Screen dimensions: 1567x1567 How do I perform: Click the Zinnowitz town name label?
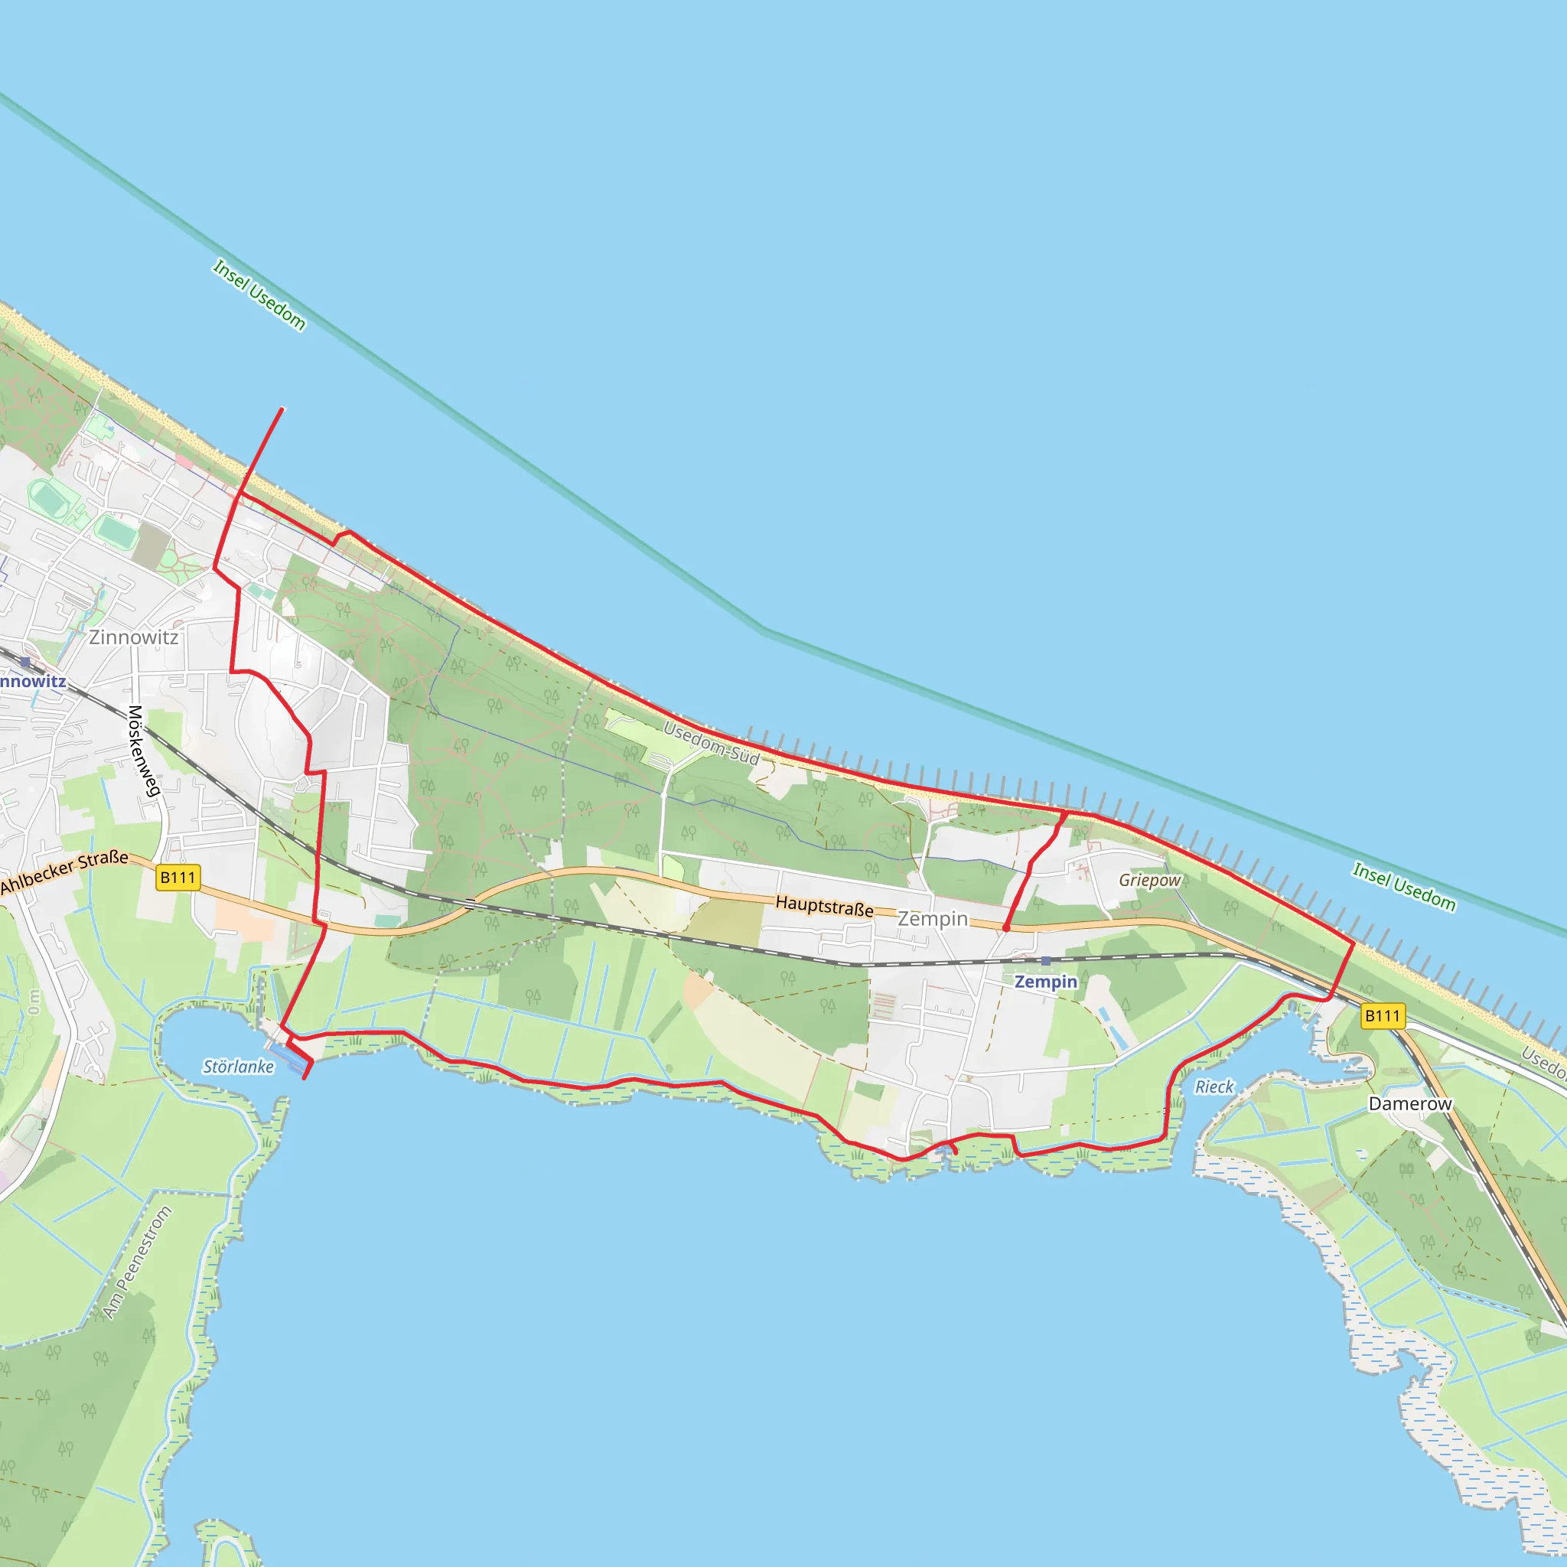(134, 637)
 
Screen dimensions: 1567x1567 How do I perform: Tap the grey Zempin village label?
(932, 919)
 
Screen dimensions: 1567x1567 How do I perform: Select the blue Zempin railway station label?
(1045, 982)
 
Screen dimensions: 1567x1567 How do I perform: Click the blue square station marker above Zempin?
(1045, 961)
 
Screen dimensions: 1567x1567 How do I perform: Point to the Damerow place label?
(1409, 1104)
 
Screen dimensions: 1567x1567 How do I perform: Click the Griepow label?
(1149, 880)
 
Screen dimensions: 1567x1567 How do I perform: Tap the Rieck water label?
(1214, 1086)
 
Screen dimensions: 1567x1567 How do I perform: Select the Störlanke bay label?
(238, 1067)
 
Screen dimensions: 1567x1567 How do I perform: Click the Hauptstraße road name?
(824, 906)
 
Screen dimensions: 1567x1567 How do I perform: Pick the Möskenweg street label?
(143, 751)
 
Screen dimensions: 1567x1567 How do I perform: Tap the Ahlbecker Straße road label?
(65, 872)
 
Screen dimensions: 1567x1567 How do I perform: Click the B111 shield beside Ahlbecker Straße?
(178, 878)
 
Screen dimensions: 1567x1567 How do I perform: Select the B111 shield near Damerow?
(1383, 1015)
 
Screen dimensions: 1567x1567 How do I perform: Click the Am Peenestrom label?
(137, 1262)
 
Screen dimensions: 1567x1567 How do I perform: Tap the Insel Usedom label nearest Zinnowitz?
(259, 295)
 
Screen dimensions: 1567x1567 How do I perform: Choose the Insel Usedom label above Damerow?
(1403, 887)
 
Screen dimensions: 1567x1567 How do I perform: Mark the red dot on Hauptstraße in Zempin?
(1005, 928)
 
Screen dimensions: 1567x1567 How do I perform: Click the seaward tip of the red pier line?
(282, 409)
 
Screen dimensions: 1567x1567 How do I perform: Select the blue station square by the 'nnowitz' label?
(25, 663)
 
